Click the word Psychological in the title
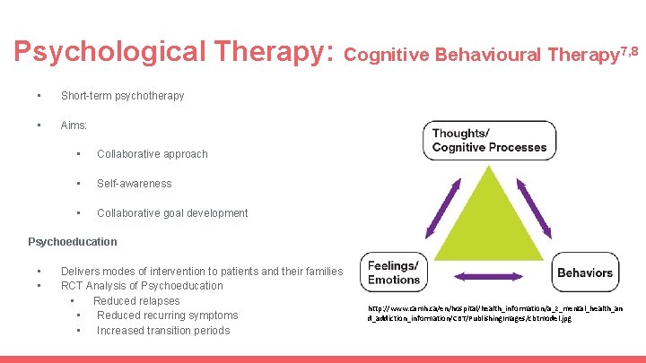99,52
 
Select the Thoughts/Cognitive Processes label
488,140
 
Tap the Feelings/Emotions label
393,272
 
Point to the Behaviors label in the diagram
585,272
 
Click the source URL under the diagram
494,313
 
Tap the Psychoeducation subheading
73,241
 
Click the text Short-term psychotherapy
122,95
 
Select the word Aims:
74,125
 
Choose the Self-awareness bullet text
134,184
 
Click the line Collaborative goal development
172,213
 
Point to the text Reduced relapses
136,301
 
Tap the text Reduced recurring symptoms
167,315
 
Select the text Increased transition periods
163,331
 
